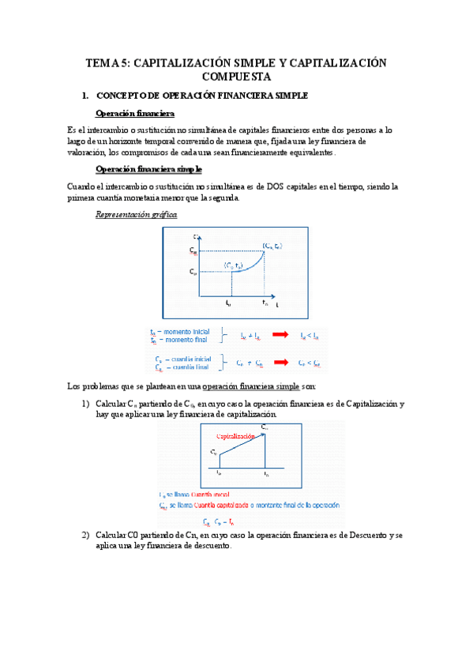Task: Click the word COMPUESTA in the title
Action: [236, 77]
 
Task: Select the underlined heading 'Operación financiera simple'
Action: [148, 169]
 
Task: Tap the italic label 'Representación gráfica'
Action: [136, 215]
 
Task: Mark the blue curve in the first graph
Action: [251, 265]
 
